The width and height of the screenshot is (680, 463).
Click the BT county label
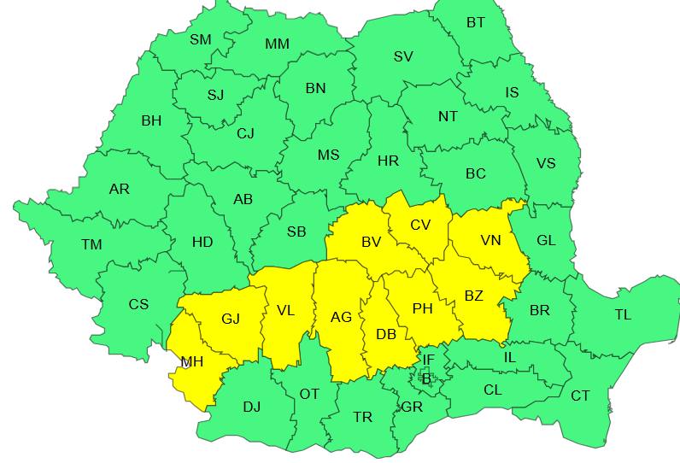476,23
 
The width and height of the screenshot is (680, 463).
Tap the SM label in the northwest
200,39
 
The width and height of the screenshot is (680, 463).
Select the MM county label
277,44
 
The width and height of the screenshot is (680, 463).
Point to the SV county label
403,56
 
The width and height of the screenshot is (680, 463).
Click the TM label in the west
91,245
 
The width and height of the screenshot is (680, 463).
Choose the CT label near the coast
580,396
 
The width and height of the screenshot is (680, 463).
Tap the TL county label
623,315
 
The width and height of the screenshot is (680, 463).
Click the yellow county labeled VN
490,241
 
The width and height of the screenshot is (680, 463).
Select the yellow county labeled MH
191,362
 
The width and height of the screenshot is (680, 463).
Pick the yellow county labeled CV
420,225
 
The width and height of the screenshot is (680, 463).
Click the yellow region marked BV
371,243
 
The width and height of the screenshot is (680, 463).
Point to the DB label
386,335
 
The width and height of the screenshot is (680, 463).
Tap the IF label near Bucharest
428,360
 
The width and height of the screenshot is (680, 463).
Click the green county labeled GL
546,241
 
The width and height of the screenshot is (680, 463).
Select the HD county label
202,243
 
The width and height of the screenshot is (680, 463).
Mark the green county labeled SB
296,231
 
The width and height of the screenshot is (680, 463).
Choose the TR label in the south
363,417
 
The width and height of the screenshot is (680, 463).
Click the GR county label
412,407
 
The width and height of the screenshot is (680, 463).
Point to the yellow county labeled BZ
473,296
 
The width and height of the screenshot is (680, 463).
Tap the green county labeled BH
151,121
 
